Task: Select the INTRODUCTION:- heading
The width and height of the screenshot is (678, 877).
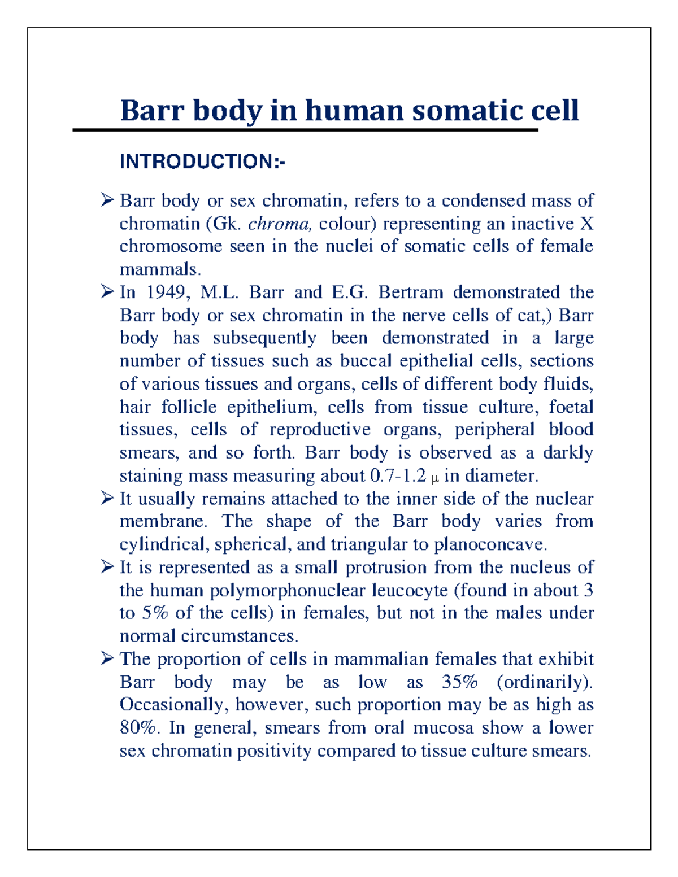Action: tap(202, 162)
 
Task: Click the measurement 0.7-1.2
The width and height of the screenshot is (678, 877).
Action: tap(398, 476)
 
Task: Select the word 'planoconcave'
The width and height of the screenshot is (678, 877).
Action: tap(490, 545)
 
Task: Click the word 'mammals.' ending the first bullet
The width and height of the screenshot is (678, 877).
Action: tap(160, 269)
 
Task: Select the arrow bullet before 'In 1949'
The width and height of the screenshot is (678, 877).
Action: tap(107, 292)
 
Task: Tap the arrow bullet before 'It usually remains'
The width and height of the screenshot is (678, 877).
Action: tap(107, 499)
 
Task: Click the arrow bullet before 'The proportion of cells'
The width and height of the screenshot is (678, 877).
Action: tap(107, 659)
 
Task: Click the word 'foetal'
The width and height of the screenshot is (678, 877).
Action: tap(571, 407)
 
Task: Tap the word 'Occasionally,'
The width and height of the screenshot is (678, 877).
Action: tap(175, 705)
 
